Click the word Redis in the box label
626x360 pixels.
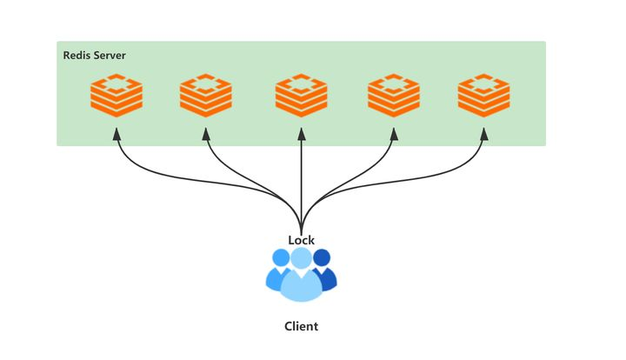point(77,55)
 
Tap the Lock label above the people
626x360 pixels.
point(302,240)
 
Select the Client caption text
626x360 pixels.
point(302,326)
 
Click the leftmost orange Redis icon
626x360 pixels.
point(117,96)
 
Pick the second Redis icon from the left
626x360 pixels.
point(205,96)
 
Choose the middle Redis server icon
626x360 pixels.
point(302,96)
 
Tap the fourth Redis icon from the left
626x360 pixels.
point(394,96)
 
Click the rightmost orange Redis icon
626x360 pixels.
point(483,96)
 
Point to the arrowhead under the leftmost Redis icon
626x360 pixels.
point(117,134)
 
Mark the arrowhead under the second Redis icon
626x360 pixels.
point(206,134)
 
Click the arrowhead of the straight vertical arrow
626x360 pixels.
point(302,134)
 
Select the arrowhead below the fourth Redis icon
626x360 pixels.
point(394,134)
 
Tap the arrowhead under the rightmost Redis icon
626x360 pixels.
point(484,134)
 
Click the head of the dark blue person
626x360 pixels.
point(323,257)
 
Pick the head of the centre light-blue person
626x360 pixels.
point(302,258)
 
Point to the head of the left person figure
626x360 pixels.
point(281,257)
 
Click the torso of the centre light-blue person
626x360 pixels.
point(302,286)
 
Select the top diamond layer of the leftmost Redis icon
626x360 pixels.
point(117,83)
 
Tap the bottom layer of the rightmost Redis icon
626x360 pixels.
point(483,110)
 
